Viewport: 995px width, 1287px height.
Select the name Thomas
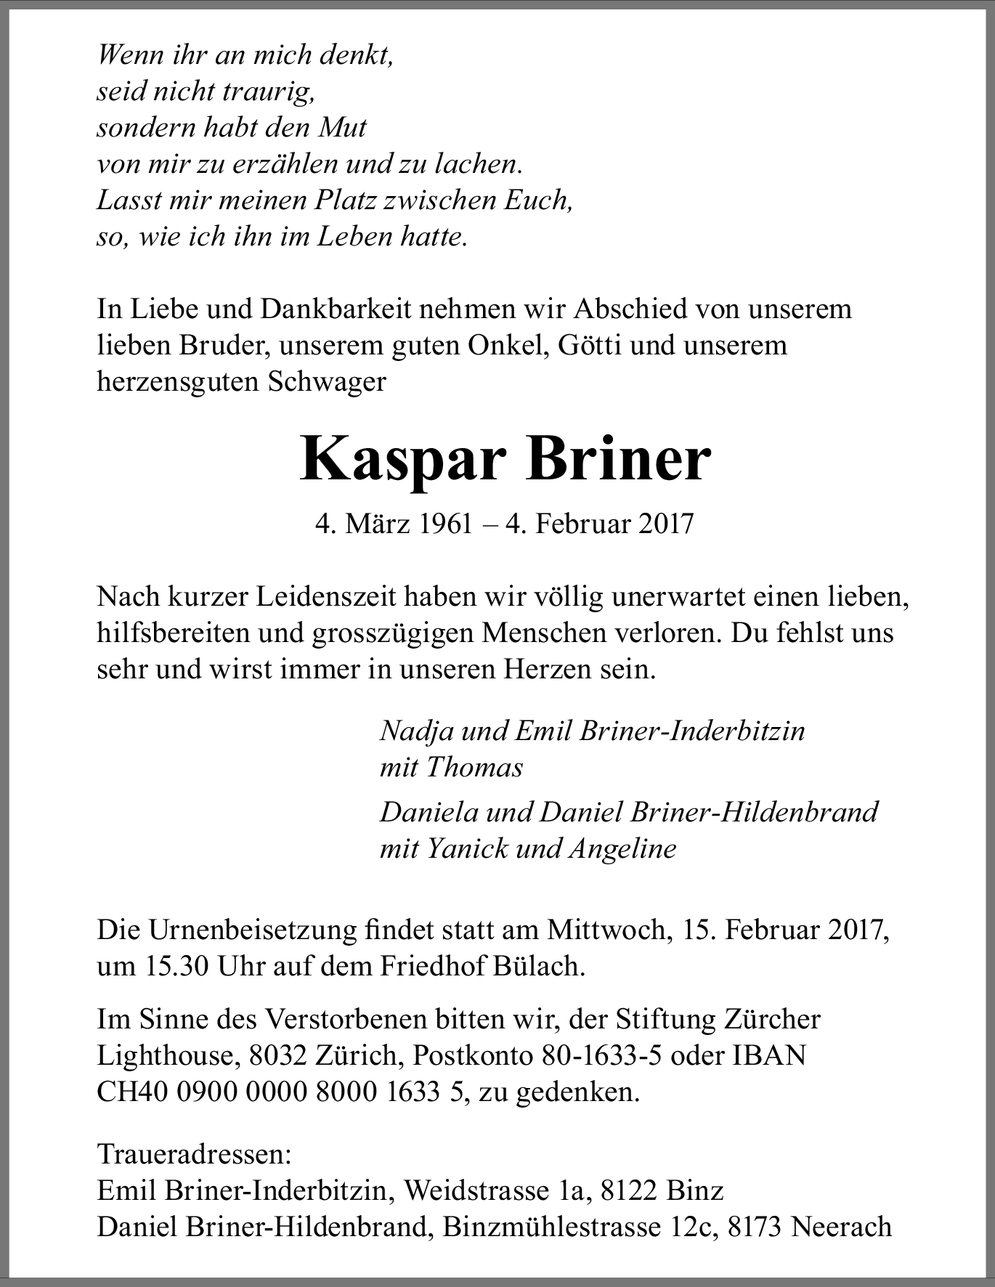pyautogui.click(x=474, y=768)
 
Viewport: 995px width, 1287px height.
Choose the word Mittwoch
pyautogui.click(x=606, y=930)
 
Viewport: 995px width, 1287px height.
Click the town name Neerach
pyautogui.click(x=841, y=1227)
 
